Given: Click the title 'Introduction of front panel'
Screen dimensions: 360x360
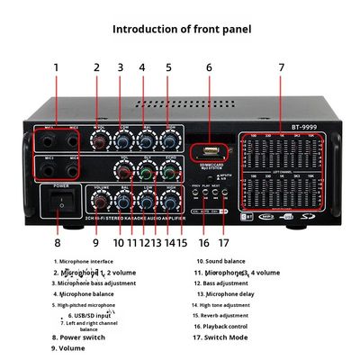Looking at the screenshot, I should tap(181, 29).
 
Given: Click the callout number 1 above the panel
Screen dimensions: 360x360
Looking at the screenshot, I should tap(56, 67).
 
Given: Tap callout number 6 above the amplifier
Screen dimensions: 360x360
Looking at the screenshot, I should tap(209, 67).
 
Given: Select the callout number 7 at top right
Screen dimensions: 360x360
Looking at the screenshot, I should tap(281, 67).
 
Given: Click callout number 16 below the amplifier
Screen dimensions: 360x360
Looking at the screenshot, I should tap(203, 241).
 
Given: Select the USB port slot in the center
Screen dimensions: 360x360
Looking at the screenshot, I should tap(208, 147).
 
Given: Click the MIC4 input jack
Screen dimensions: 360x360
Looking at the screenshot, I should tap(75, 169).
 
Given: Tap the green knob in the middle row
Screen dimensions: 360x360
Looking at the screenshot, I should tap(145, 170).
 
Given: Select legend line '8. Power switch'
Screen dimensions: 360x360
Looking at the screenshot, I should tap(78, 337).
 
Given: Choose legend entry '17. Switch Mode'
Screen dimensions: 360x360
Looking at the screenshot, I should tap(221, 337).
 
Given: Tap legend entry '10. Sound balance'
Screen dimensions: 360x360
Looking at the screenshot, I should tap(220, 261).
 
